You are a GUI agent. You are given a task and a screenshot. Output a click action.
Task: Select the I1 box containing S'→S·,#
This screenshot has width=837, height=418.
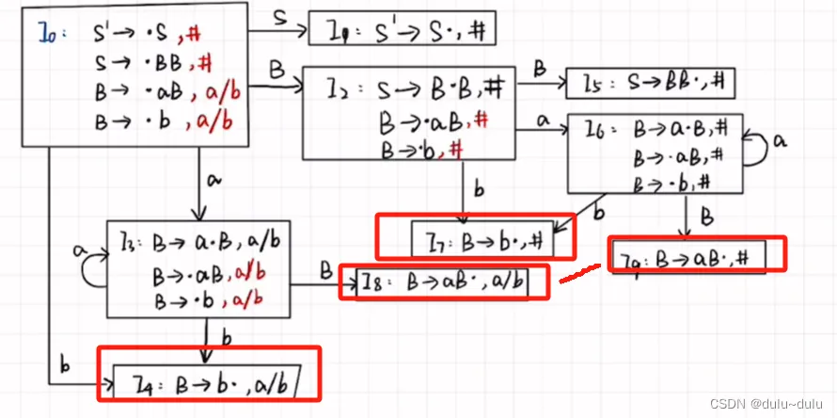(x=402, y=29)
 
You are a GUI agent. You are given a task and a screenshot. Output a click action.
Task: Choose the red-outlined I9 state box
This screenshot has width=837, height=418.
(x=696, y=254)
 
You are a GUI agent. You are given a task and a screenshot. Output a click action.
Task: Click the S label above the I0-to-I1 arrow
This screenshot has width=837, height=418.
(x=280, y=16)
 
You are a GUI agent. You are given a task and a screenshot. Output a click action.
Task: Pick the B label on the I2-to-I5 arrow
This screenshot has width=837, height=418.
(x=540, y=68)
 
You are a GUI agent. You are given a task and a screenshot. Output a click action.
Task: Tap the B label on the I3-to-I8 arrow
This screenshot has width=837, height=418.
(x=324, y=269)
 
